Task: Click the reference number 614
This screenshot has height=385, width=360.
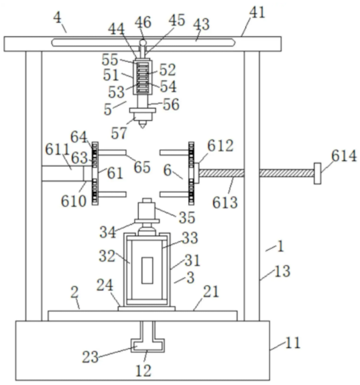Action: (344, 156)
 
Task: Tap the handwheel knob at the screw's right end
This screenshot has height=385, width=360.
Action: (317, 173)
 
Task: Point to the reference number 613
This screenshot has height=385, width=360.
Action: (225, 203)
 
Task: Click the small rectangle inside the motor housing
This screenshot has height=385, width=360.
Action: (147, 270)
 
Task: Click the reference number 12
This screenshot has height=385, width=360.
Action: (143, 370)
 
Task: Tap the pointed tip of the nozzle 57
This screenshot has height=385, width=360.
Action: (142, 127)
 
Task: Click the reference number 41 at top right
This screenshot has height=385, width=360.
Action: (257, 13)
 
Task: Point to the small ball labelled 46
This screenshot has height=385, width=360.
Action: (143, 43)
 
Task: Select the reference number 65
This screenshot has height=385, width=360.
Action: (142, 167)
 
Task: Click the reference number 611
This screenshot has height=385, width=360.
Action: (58, 150)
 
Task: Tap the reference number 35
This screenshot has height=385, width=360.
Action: (187, 217)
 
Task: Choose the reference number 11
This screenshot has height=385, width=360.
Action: (292, 343)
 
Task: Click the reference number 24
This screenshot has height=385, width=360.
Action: (105, 285)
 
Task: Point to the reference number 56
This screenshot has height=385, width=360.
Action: (171, 105)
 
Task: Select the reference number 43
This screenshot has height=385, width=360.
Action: (201, 25)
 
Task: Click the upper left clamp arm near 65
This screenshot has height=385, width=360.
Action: (112, 152)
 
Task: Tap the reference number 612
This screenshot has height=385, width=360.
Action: (220, 146)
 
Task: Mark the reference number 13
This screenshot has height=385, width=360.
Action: (282, 272)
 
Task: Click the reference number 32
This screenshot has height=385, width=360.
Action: (107, 256)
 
